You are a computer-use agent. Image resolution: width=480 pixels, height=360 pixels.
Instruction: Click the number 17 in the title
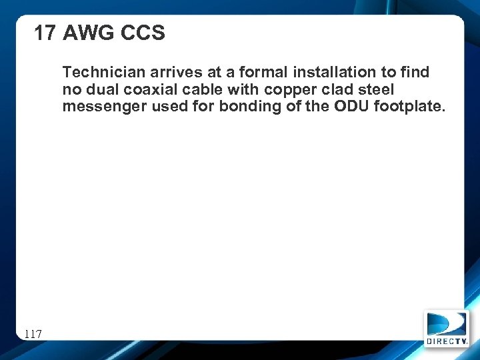pos(45,33)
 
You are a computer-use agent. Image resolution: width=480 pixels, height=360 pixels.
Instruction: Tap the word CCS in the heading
pos(143,33)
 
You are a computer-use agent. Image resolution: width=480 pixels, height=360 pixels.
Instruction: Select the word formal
pos(253,72)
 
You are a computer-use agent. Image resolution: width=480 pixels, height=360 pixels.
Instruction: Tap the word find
pos(414,72)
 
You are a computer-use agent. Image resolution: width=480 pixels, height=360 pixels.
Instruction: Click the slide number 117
pos(33,333)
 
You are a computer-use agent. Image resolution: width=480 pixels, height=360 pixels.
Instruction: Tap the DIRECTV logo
pos(447,329)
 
